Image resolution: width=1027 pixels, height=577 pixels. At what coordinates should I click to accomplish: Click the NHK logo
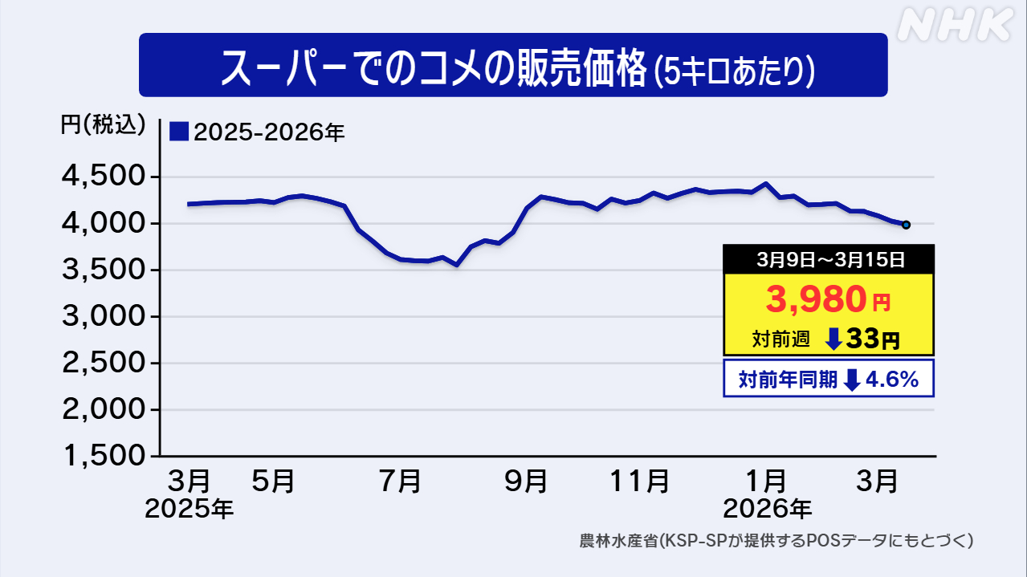pos(953,26)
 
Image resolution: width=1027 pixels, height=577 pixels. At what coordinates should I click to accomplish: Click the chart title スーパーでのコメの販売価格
pos(434,67)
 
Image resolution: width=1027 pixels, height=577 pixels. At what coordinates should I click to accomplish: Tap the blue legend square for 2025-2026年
pos(179,132)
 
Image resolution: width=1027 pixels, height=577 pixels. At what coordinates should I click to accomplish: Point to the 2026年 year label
pos(767,508)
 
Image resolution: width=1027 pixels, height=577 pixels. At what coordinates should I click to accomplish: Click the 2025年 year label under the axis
pos(190,508)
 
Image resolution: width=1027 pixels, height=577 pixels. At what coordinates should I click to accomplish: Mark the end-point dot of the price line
pos(906,225)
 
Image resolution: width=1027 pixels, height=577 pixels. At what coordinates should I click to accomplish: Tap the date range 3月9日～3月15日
pos(829,259)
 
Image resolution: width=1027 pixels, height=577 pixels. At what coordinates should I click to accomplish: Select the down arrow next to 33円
pos(834,339)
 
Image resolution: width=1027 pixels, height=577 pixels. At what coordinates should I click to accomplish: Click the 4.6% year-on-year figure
pos(892,380)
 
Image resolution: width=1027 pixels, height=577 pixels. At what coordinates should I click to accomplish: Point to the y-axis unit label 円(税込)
pos(104,124)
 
